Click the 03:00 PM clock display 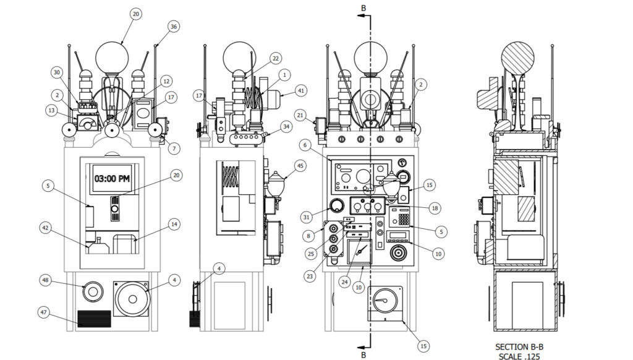click(x=113, y=178)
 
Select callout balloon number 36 click(x=173, y=27)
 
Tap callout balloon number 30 click(x=57, y=73)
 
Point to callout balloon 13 click(x=51, y=110)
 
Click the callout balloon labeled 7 click(x=174, y=148)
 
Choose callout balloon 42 click(x=46, y=228)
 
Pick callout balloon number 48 click(x=46, y=280)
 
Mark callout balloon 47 click(x=44, y=312)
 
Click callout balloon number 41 click(x=301, y=90)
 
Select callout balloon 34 click(x=286, y=127)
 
